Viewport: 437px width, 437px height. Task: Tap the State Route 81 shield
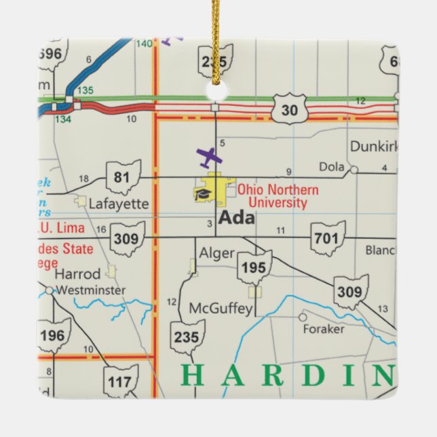[x=123, y=178]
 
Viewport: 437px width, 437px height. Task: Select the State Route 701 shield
[x=328, y=238]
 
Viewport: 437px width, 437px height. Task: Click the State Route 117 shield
[x=121, y=382]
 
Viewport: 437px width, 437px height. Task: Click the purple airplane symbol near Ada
[x=209, y=157]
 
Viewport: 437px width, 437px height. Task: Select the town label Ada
[x=237, y=218]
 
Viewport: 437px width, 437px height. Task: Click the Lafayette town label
[x=119, y=204]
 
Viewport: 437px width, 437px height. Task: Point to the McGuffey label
[x=221, y=309]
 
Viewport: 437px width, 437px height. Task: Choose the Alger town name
[x=216, y=254]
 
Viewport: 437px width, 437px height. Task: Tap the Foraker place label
[x=324, y=329]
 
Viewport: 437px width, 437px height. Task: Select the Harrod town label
[x=77, y=274]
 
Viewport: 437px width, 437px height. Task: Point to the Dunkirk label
[x=373, y=147]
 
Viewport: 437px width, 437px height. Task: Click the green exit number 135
[x=85, y=90]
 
